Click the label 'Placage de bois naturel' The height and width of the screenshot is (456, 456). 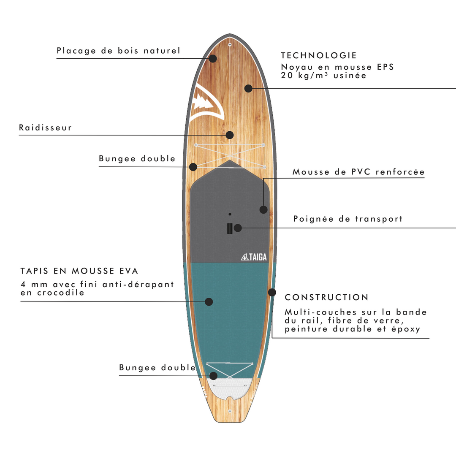click(x=118, y=51)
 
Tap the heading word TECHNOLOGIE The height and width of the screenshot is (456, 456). click(x=319, y=55)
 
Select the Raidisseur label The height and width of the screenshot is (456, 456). click(x=46, y=128)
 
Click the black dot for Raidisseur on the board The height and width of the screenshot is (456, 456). click(x=230, y=135)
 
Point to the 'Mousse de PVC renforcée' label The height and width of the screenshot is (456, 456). click(x=358, y=172)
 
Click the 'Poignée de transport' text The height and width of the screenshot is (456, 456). click(x=348, y=219)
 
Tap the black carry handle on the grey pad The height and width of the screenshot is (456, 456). click(x=230, y=228)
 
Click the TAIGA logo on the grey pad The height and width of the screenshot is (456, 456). click(x=253, y=257)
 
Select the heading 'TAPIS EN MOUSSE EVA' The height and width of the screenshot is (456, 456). click(x=79, y=271)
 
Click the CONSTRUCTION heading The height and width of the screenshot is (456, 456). click(x=327, y=297)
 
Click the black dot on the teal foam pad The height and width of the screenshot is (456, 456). click(x=209, y=301)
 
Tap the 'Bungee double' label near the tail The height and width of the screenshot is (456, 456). click(x=157, y=368)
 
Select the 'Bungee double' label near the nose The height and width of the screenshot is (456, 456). click(x=137, y=159)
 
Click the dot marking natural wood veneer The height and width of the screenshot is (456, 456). click(x=213, y=58)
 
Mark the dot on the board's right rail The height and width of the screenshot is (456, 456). click(x=272, y=292)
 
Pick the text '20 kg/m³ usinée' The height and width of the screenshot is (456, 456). click(x=324, y=76)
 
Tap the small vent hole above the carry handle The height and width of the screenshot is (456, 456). click(x=230, y=214)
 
